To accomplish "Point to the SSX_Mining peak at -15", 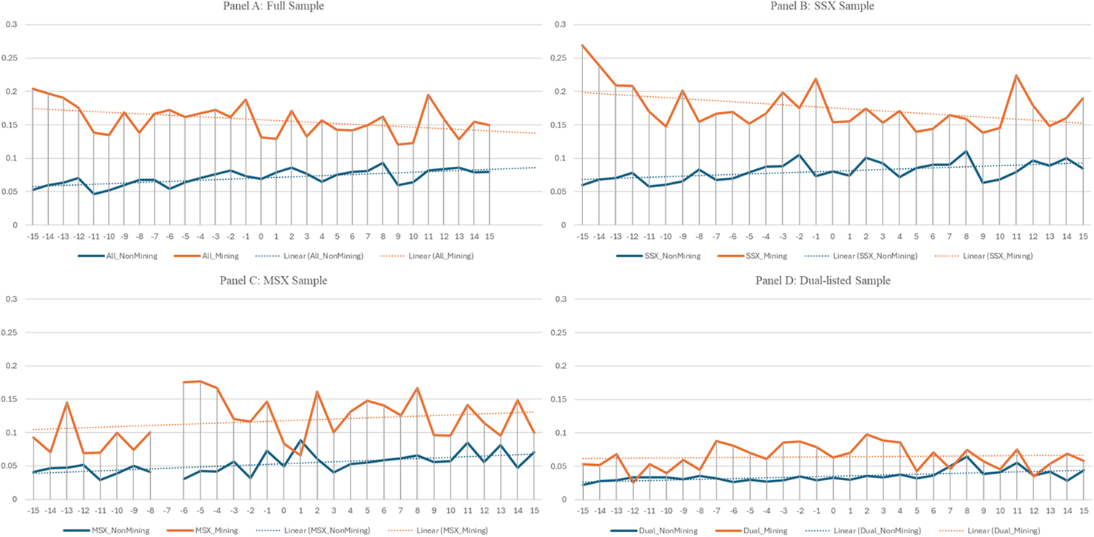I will (x=582, y=45).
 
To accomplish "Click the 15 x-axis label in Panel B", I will (x=1083, y=236).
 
